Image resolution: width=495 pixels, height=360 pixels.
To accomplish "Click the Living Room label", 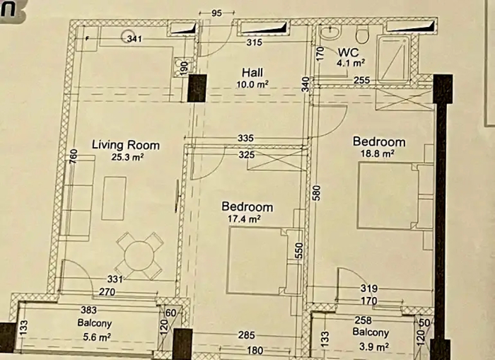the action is point(126,145).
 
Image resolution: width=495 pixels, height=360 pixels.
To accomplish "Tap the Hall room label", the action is point(252,73).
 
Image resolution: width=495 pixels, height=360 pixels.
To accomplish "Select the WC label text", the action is point(348,52).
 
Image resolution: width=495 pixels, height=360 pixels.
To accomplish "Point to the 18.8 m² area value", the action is point(378,153).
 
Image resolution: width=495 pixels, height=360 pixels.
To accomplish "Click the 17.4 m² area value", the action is point(244,219).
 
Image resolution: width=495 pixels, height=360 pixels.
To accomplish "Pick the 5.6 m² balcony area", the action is point(97,337).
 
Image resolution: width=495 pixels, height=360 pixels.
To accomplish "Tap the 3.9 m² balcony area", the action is point(374,347).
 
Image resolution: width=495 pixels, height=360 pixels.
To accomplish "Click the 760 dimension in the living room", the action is point(73,156).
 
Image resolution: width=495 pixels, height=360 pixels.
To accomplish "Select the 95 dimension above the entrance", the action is point(217,13).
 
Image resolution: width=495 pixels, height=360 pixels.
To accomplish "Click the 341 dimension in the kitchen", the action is point(134,39).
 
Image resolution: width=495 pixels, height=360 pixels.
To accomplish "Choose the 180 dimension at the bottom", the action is point(255,350).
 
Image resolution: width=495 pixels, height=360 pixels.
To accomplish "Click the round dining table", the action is point(139,255).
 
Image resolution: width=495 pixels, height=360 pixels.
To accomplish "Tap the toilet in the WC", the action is point(362,34).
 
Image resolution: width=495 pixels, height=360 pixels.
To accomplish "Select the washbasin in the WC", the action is point(330,32).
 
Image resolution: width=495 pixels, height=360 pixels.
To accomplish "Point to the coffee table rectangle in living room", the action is point(114,198).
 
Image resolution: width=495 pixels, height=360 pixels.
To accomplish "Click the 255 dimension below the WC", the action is point(361,80).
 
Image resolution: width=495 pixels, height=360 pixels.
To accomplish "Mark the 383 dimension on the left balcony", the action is point(88,310).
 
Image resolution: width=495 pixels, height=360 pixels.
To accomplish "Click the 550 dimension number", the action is point(300,250).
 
